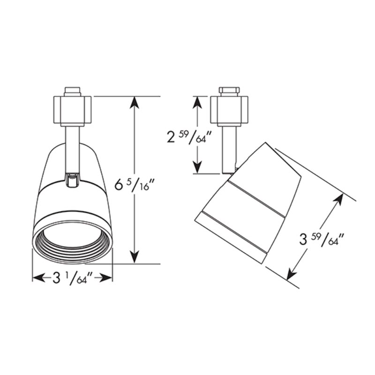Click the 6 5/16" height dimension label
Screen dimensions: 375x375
pyautogui.click(x=135, y=184)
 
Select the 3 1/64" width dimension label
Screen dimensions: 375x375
pyautogui.click(x=73, y=277)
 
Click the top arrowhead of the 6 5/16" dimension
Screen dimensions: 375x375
pyautogui.click(x=135, y=102)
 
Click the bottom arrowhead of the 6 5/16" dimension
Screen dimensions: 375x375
pyautogui.click(x=135, y=257)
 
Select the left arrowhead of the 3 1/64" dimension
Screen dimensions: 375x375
pyautogui.click(x=38, y=278)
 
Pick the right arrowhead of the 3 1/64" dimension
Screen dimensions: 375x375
pyautogui.click(x=106, y=278)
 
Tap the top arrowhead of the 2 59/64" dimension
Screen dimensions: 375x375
pyautogui.click(x=197, y=102)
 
